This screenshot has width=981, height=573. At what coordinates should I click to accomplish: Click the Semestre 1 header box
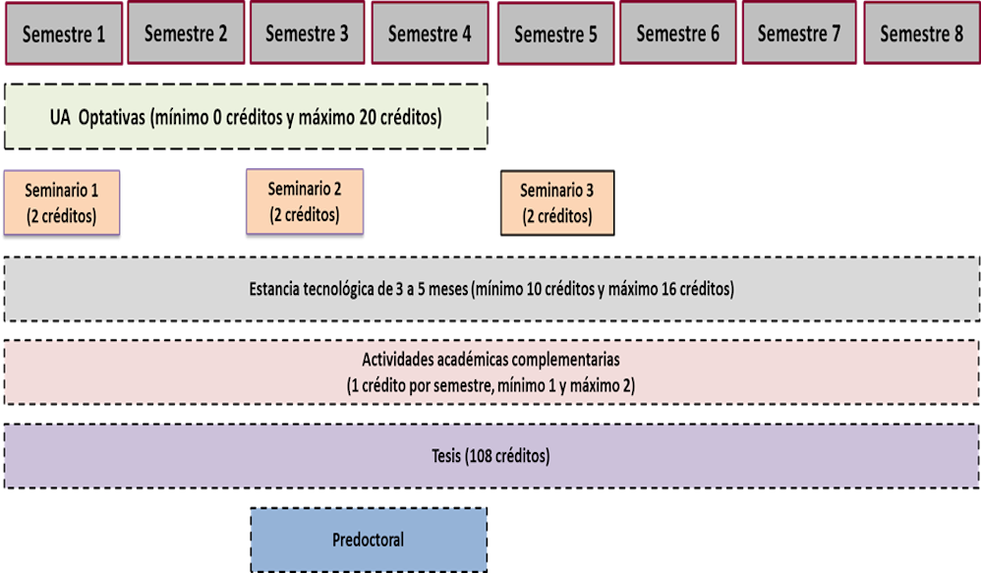coord(64,34)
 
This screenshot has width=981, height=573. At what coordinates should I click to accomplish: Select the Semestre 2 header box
coord(186,34)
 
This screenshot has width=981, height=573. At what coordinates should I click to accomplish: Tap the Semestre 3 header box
coord(308,34)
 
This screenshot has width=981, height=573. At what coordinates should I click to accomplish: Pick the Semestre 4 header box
coord(430,34)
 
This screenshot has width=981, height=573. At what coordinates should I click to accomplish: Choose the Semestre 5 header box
coord(555,34)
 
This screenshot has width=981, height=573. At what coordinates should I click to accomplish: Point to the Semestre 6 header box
coord(677,34)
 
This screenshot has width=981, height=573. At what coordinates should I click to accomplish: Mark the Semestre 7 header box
coord(799,34)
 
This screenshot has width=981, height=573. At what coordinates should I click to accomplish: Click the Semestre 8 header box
coord(921,34)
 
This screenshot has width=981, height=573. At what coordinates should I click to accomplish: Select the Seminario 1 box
coord(62,203)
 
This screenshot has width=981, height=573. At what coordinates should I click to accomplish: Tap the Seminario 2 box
coord(305,201)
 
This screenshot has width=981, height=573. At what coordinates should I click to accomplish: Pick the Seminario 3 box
coord(557,203)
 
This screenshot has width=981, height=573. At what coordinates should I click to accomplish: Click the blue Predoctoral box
coord(369,540)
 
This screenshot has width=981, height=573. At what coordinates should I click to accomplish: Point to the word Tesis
coord(446,457)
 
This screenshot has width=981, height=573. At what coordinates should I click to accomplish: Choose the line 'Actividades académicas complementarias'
coord(490,359)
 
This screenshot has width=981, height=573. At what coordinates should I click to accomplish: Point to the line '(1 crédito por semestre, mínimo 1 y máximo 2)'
coord(490,385)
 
